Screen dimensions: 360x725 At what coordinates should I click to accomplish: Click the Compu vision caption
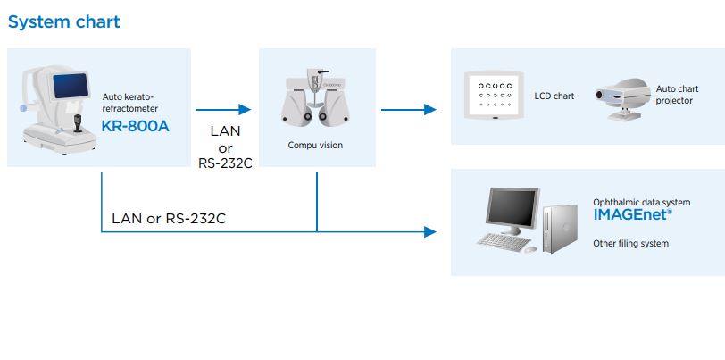[x=314, y=144]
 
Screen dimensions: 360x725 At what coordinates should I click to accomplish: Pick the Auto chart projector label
[x=677, y=95]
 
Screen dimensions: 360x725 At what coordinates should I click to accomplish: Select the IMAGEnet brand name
[x=632, y=215]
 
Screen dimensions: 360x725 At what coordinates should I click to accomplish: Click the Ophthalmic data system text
[x=641, y=203]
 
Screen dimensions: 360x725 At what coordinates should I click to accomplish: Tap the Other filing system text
[x=630, y=243]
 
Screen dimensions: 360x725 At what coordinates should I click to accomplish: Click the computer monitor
[x=512, y=209]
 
